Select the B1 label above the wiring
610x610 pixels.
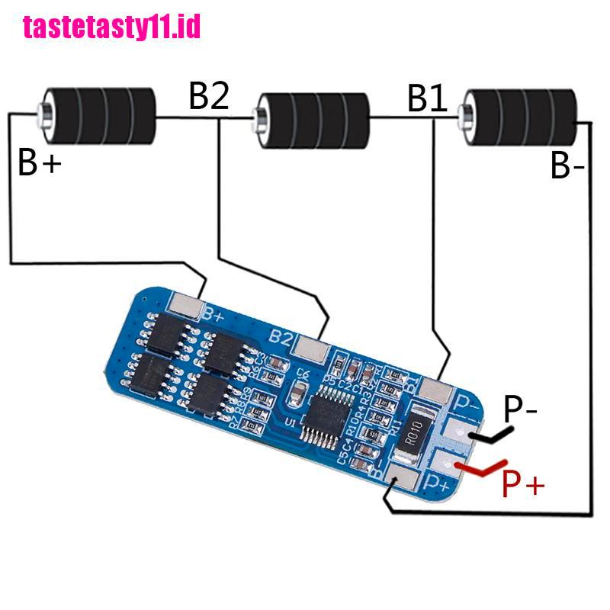click(x=428, y=98)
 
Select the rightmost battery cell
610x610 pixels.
click(x=522, y=117)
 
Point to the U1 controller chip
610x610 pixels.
click(x=329, y=413)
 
